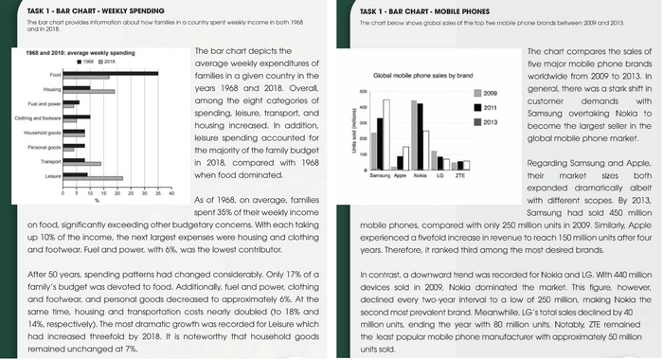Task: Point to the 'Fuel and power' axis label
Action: click(x=45, y=103)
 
